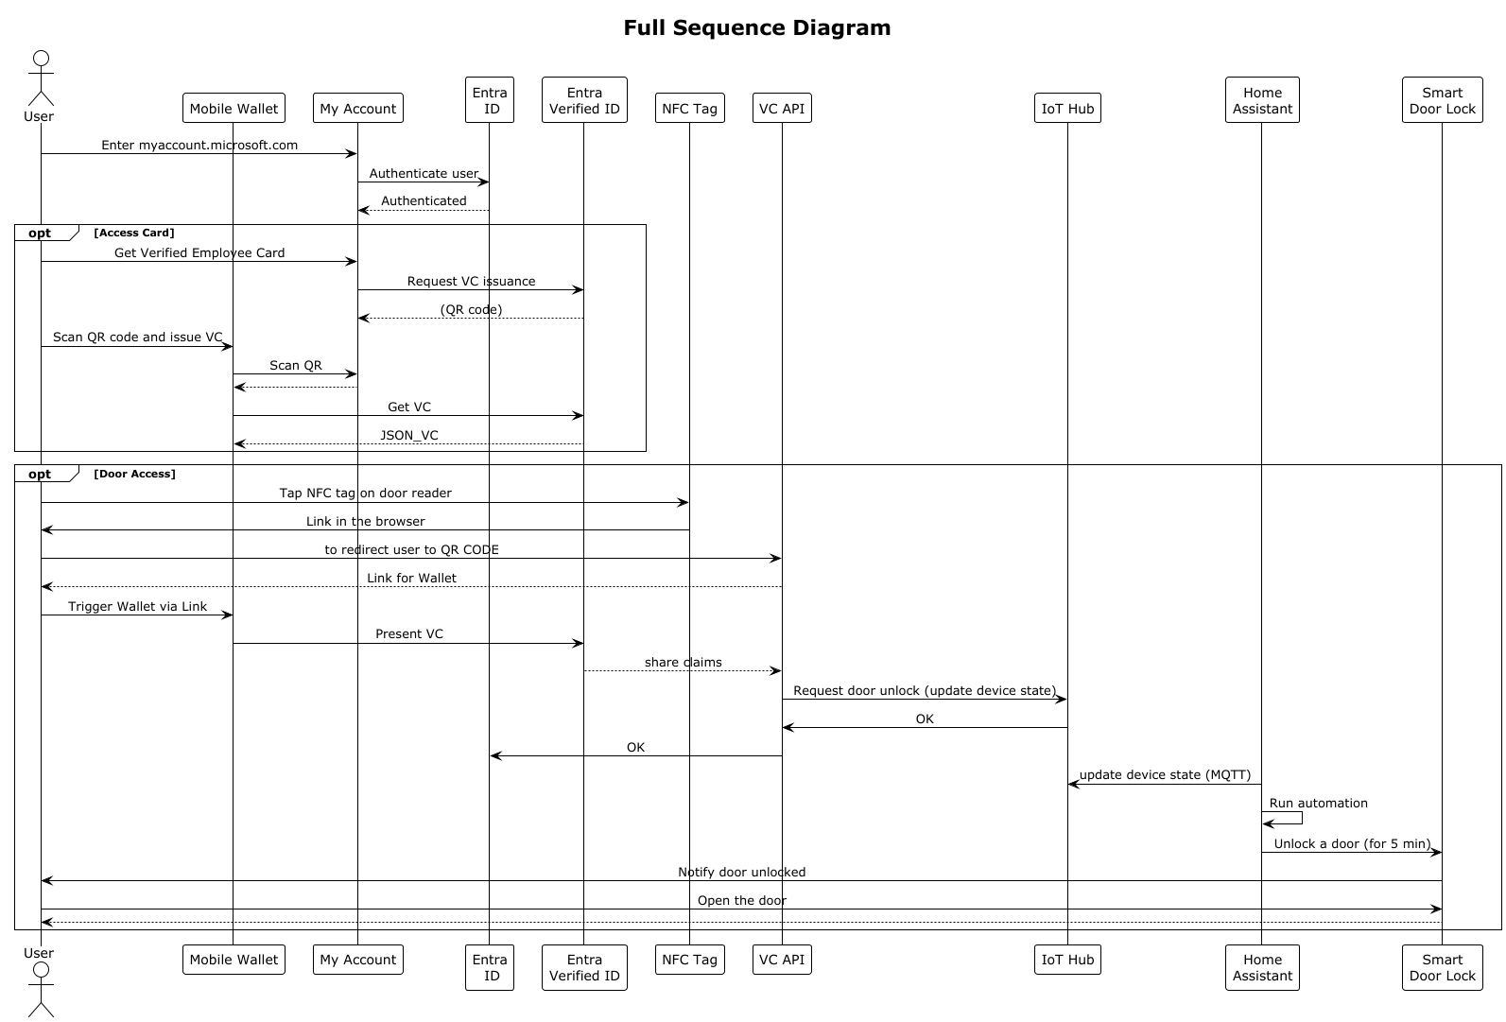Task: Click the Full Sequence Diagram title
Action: pyautogui.click(x=756, y=28)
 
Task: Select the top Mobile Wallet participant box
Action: pyautogui.click(x=234, y=109)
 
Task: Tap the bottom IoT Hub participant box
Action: pyautogui.click(x=1067, y=960)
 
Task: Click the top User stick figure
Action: pyautogui.click(x=40, y=80)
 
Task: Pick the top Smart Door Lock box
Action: pyautogui.click(x=1442, y=100)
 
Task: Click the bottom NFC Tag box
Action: pyautogui.click(x=689, y=960)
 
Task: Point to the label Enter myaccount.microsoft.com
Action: pyautogui.click(x=199, y=145)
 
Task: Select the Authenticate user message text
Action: pyautogui.click(x=424, y=173)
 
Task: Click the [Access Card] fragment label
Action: pyautogui.click(x=134, y=233)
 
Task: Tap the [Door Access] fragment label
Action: pyautogui.click(x=135, y=474)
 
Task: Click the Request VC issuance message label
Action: pyautogui.click(x=471, y=281)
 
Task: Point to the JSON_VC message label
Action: pyautogui.click(x=409, y=435)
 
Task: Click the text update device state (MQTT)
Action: pyautogui.click(x=1165, y=774)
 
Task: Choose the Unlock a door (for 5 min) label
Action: pyautogui.click(x=1352, y=843)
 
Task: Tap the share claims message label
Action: pyautogui.click(x=683, y=662)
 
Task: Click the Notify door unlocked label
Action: pyautogui.click(x=741, y=872)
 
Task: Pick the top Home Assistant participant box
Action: pyautogui.click(x=1262, y=100)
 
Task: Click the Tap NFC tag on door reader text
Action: pyautogui.click(x=365, y=493)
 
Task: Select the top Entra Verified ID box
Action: pyautogui.click(x=584, y=100)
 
